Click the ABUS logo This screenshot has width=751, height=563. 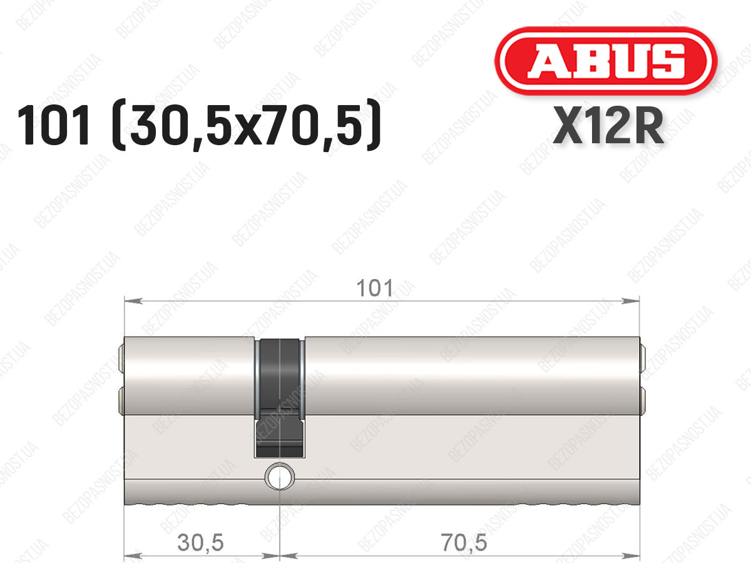(x=606, y=61)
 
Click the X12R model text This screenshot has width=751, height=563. (x=609, y=126)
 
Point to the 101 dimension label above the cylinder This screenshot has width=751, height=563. (x=375, y=288)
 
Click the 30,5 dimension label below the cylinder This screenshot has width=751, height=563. (x=200, y=542)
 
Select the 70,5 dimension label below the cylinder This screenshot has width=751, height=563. (x=464, y=542)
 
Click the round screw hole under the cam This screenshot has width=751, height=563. (x=280, y=477)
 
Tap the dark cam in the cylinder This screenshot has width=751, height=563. (x=280, y=398)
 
